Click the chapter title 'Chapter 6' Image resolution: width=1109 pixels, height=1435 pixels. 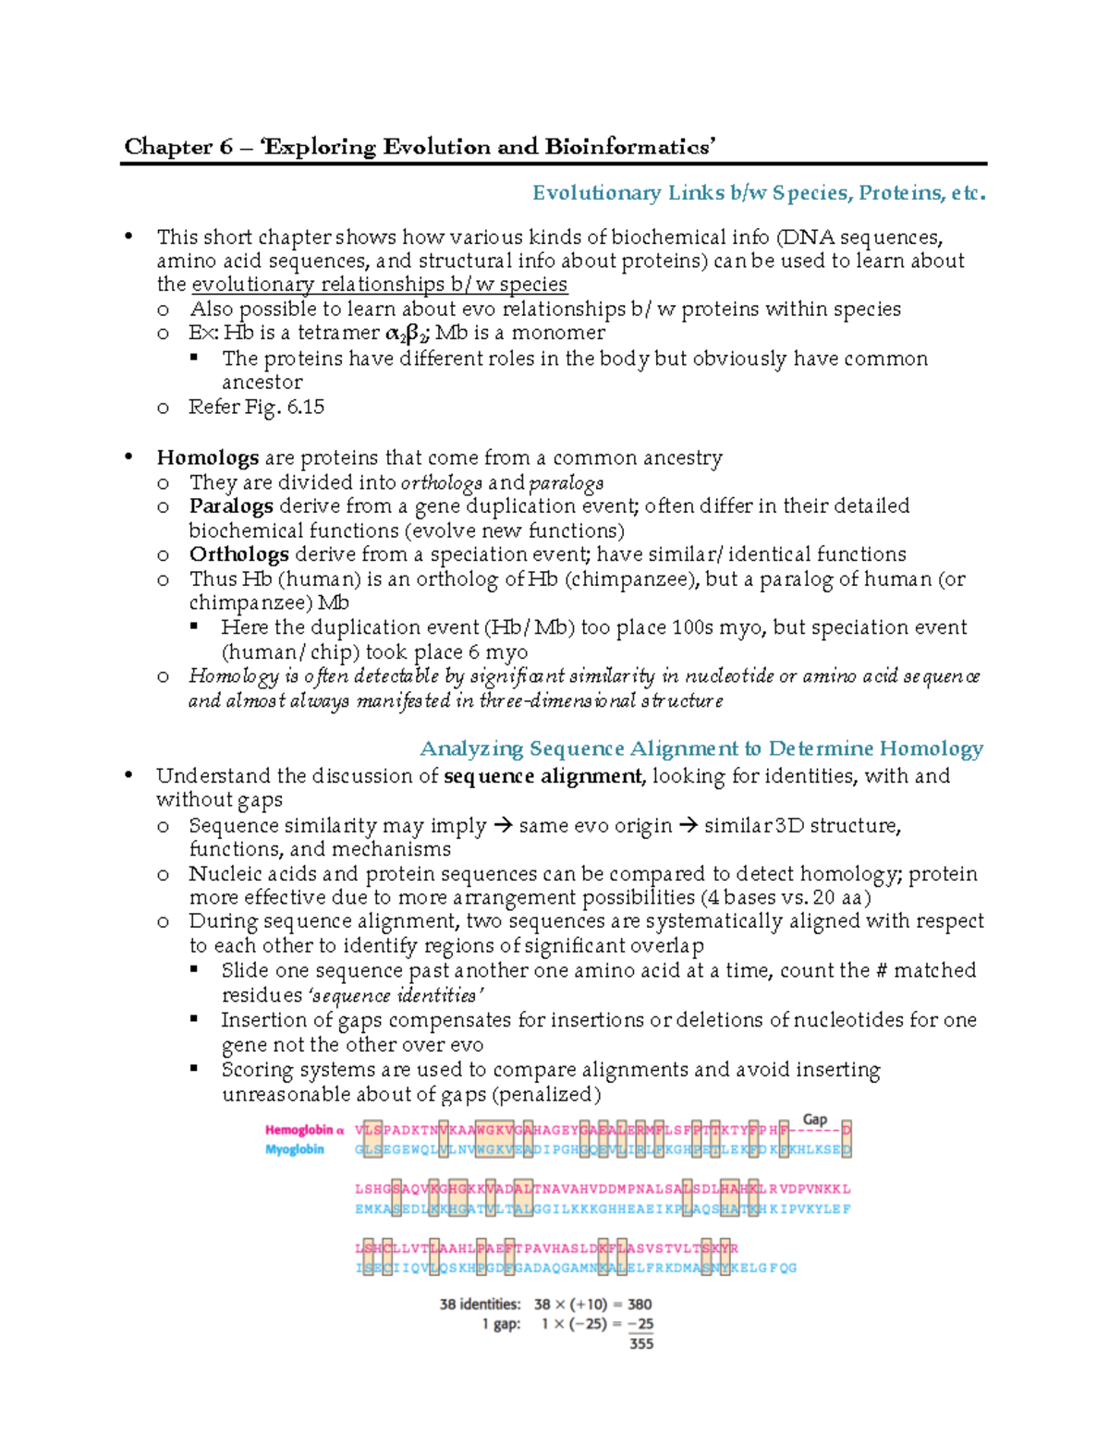[x=177, y=147]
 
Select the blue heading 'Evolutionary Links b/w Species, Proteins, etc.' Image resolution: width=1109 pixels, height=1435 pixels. [x=758, y=193]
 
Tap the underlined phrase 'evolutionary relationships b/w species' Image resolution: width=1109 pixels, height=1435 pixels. [x=379, y=285]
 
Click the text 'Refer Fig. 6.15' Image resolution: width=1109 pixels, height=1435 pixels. [x=256, y=407]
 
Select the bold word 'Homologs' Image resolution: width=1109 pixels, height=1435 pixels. [x=207, y=458]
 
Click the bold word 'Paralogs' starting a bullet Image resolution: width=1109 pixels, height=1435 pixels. [x=231, y=506]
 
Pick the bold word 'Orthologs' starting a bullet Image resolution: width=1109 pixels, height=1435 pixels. [x=238, y=554]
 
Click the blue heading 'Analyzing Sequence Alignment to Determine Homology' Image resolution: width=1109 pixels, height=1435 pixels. [x=701, y=748]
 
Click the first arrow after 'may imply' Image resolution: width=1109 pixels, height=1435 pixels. [x=503, y=826]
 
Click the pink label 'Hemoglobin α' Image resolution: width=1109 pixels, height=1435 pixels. [x=304, y=1130]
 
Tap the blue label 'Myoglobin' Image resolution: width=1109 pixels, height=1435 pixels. [x=295, y=1149]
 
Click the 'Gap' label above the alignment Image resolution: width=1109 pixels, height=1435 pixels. [x=814, y=1119]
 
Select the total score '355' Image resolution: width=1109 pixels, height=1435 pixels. [x=641, y=1344]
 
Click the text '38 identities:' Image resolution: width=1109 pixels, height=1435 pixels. [x=480, y=1305]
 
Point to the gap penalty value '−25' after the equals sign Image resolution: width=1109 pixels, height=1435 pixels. [x=640, y=1324]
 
